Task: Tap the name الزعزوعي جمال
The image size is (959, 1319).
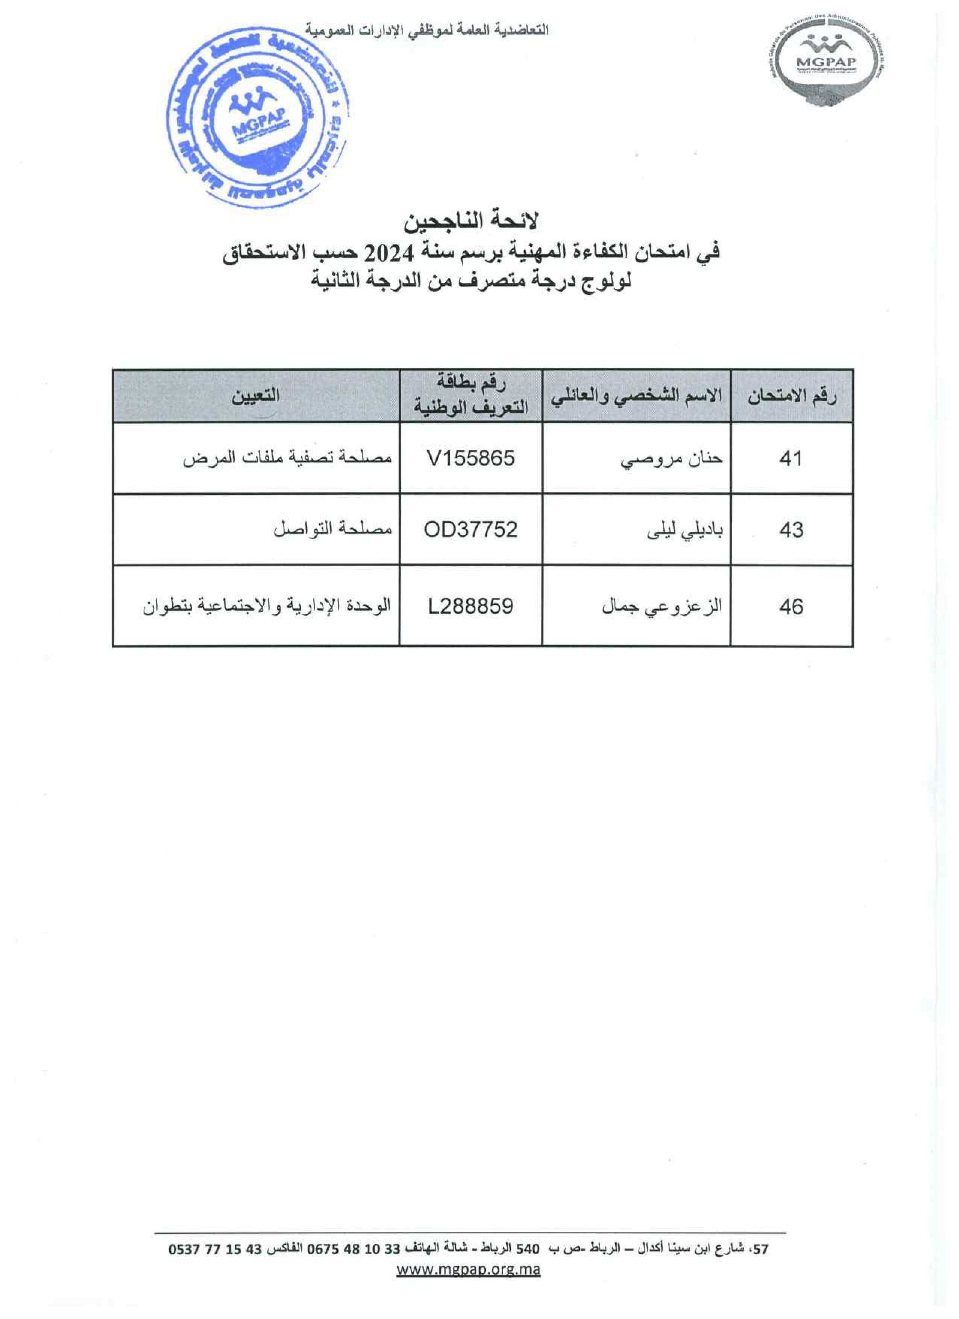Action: pyautogui.click(x=662, y=606)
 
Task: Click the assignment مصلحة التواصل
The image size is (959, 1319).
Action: pyautogui.click(x=333, y=530)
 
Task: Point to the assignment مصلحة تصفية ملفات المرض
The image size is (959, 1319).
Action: pyautogui.click(x=287, y=459)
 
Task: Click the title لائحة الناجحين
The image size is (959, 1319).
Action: pyautogui.click(x=471, y=221)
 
